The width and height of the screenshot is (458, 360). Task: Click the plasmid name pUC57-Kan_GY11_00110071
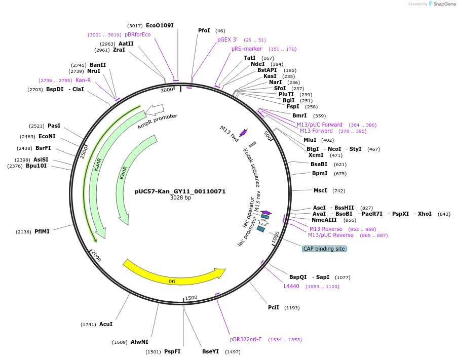click(180, 192)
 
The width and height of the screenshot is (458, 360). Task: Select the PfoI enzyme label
click(204, 31)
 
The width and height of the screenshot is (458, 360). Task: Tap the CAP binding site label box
click(324, 249)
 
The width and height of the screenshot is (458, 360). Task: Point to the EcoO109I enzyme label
click(160, 25)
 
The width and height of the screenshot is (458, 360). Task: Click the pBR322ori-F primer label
click(246, 339)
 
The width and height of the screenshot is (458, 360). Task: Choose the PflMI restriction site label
click(42, 231)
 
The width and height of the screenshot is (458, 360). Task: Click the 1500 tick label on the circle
click(191, 298)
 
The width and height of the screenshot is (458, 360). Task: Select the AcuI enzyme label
click(106, 324)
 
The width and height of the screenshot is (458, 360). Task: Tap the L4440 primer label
click(291, 287)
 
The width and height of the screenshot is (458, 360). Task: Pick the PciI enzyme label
click(274, 307)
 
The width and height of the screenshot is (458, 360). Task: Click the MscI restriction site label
click(320, 191)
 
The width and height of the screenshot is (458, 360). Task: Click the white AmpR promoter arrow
click(157, 109)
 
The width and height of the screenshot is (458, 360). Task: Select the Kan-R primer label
click(83, 80)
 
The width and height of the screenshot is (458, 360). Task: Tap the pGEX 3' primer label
click(227, 39)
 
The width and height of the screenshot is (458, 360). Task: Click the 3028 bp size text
click(180, 198)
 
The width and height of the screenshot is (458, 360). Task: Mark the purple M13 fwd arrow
click(243, 133)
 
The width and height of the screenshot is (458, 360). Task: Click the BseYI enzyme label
click(210, 351)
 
